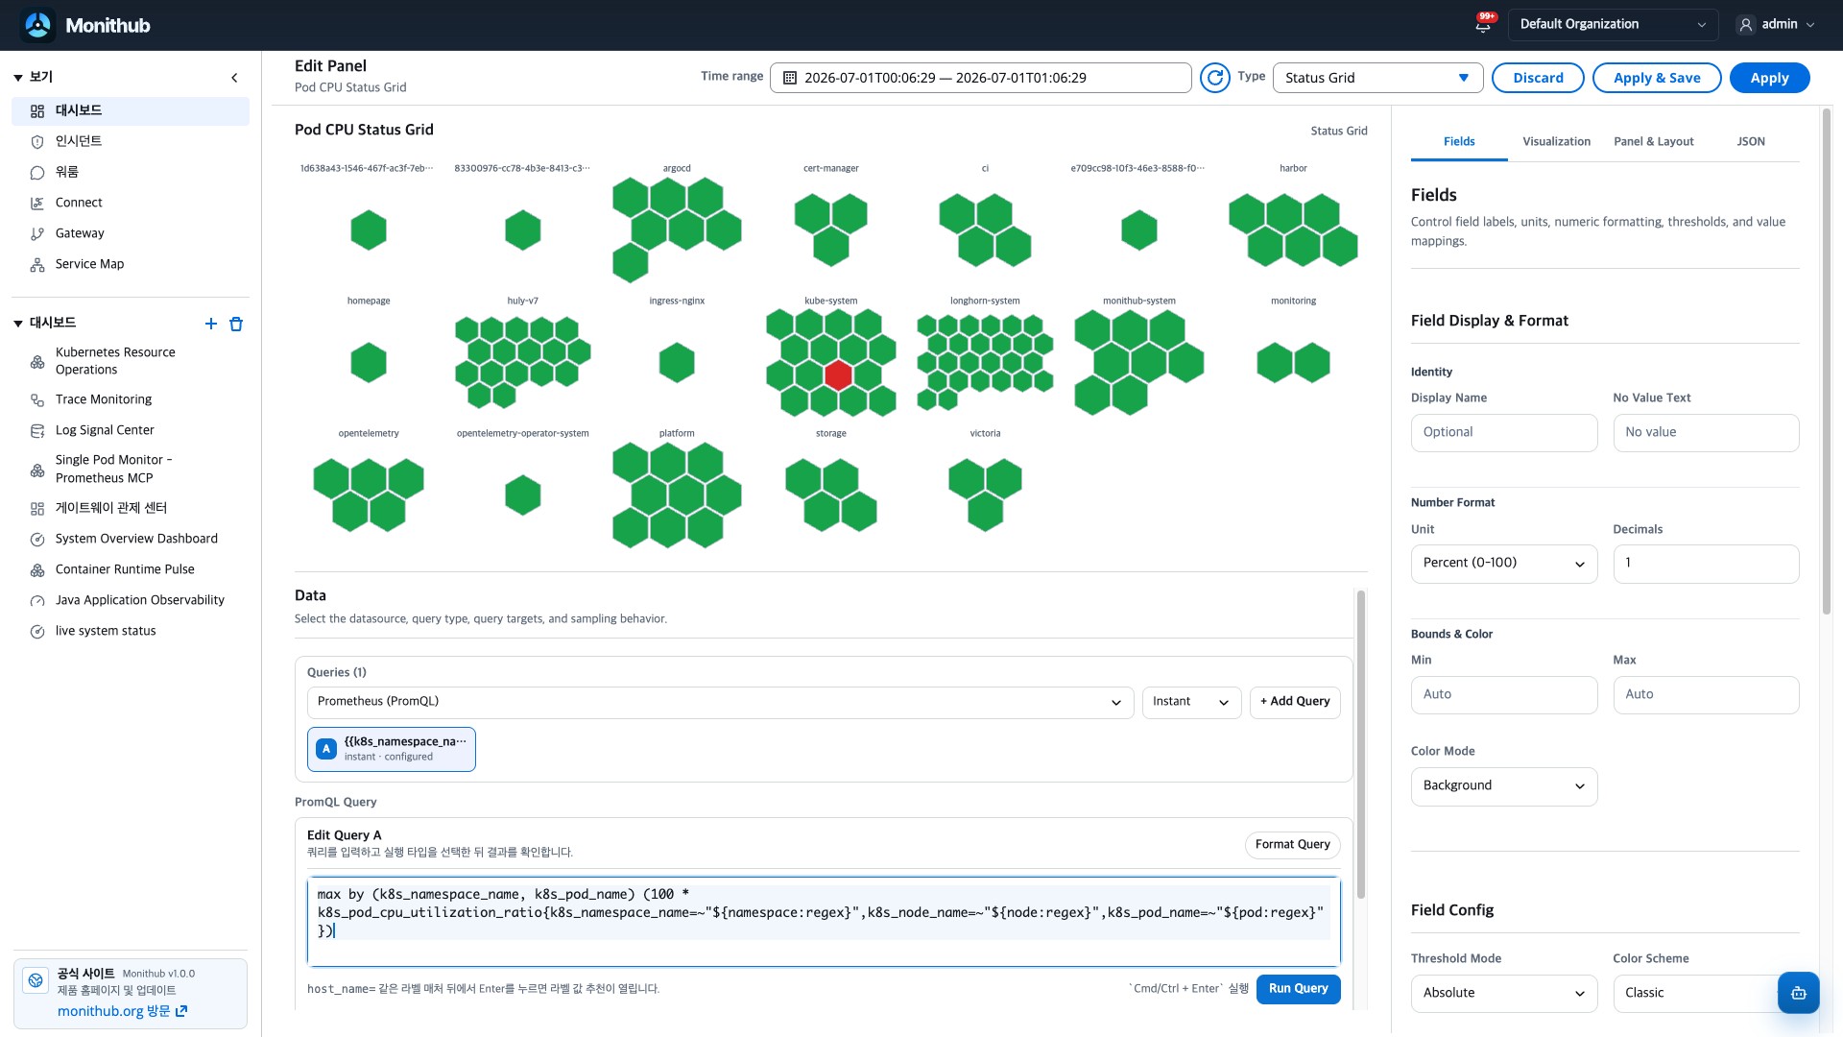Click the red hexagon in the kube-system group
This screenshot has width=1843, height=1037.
(838, 374)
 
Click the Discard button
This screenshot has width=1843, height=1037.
(1538, 78)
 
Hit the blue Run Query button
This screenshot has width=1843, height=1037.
(1298, 989)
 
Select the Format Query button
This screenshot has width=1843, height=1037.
(1292, 845)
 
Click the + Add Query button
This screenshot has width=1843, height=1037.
(1295, 702)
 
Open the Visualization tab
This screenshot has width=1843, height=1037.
(1556, 141)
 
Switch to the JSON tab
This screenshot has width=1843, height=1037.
(1751, 141)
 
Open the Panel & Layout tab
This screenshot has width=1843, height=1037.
(1654, 141)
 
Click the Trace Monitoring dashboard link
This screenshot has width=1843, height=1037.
(104, 399)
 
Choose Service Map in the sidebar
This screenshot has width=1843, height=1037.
(89, 264)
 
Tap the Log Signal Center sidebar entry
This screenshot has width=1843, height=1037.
(105, 430)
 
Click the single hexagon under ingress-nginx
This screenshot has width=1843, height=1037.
(677, 363)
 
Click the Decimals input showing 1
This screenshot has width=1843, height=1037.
(1706, 564)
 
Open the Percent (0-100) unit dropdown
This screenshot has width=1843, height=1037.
(1504, 564)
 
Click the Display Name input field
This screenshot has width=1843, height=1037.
(1504, 433)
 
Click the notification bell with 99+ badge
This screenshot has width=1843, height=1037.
(1484, 24)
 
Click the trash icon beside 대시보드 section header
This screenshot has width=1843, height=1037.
(236, 325)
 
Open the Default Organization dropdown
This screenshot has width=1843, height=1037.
(1613, 25)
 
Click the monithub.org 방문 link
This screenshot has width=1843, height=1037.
(122, 1011)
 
